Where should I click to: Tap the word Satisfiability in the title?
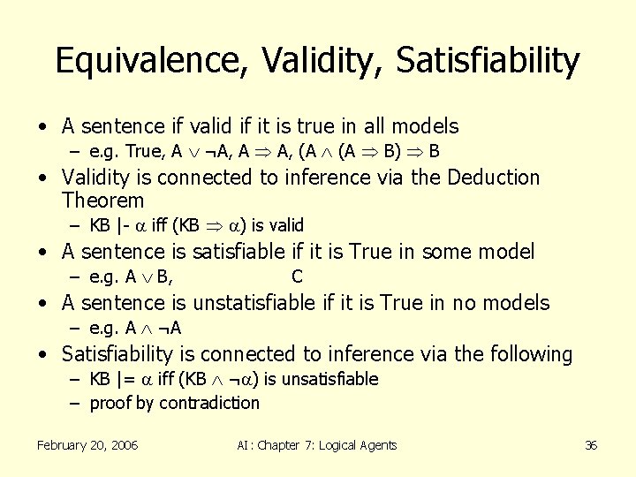pyautogui.click(x=488, y=61)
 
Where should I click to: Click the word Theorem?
pyautogui.click(x=102, y=201)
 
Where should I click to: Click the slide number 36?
pyautogui.click(x=591, y=445)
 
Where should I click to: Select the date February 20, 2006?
pyautogui.click(x=87, y=445)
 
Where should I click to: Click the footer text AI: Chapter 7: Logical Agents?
pyautogui.click(x=317, y=445)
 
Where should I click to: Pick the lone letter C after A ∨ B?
pyautogui.click(x=297, y=277)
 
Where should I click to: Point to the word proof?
pyautogui.click(x=110, y=404)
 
